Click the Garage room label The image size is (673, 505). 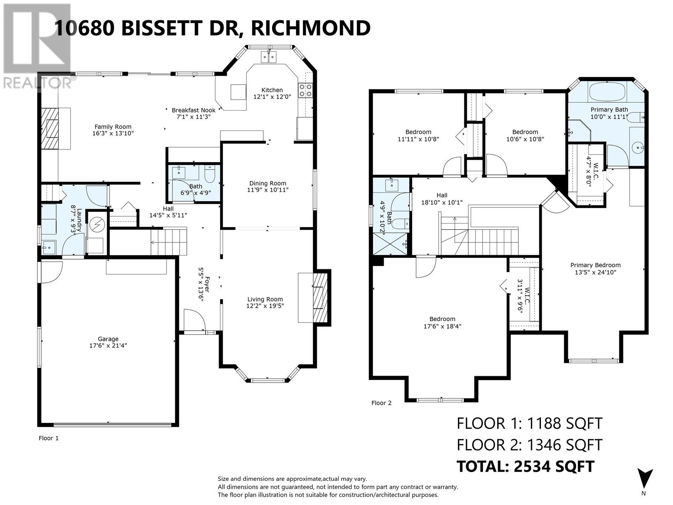[x=108, y=339]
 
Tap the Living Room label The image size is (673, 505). [x=265, y=300]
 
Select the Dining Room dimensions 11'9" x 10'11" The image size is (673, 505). [x=268, y=190]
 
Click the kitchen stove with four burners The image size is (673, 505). [x=305, y=89]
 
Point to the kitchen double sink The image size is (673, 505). [x=268, y=56]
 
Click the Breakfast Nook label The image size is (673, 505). [x=193, y=110]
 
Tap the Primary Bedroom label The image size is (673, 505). [x=595, y=265]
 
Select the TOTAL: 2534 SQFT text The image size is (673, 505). [x=526, y=466]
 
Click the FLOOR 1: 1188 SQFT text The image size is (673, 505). [x=530, y=423]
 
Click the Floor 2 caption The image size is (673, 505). [x=382, y=403]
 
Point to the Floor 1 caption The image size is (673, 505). [x=49, y=438]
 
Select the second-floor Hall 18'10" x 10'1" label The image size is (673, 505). [x=442, y=199]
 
